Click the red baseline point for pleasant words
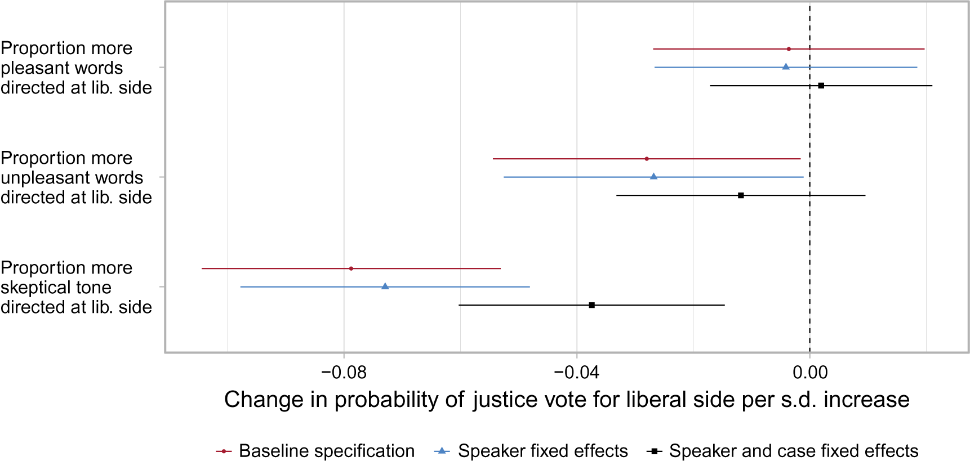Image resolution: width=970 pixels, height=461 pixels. pos(789,49)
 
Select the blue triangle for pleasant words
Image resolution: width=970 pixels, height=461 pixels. pos(786,67)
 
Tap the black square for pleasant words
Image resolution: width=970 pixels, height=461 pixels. pos(821,86)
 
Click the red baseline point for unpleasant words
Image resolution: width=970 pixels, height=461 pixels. pos(647,159)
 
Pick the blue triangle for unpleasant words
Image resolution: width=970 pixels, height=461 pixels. pos(653,177)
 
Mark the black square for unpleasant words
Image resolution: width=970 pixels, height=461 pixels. pos(741,195)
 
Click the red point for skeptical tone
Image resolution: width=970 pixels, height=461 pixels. pos(351,268)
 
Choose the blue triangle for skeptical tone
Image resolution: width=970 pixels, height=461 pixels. pos(385,287)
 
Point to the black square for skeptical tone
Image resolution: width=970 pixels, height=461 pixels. pos(591,305)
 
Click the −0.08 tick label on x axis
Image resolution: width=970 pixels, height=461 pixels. pos(344,372)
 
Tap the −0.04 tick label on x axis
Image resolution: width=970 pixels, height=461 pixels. pos(576,372)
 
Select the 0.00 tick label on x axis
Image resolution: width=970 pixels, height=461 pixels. pos(809,372)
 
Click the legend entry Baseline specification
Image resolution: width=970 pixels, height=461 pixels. pos(326,451)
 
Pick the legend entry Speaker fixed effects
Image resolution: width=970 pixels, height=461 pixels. pos(542,451)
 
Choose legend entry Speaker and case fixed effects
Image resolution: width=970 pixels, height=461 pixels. pos(793,451)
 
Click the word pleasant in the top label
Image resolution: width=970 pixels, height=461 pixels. pos(34,68)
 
